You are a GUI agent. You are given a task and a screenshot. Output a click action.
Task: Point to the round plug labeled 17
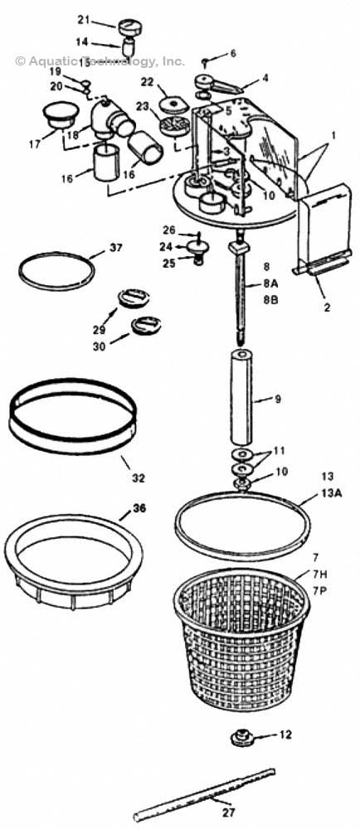56,115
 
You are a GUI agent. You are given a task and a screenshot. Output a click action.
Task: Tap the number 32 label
138,478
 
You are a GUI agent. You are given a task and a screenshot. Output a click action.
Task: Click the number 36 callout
139,508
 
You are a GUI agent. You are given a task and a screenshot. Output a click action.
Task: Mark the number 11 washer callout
279,450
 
